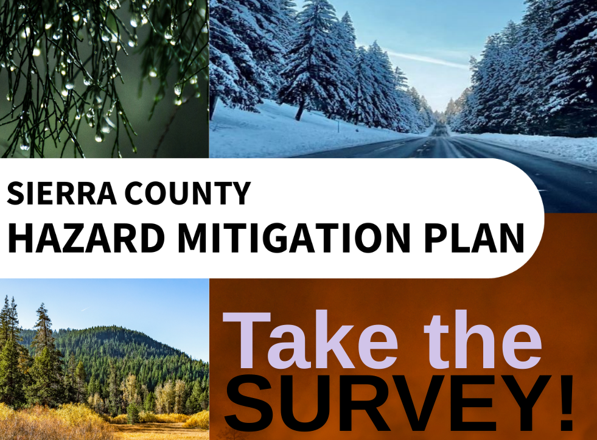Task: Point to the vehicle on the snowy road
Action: point(440,130)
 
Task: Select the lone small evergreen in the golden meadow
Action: point(132,413)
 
